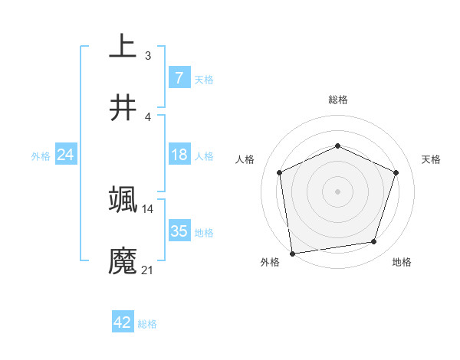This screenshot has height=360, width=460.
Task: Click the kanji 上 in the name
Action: (123, 46)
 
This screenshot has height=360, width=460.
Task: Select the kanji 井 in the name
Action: (123, 108)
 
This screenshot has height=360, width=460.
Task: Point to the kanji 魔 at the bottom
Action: (123, 260)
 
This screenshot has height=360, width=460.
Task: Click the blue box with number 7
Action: (179, 77)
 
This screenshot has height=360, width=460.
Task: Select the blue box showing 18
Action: (179, 155)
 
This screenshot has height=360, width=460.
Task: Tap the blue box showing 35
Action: (179, 231)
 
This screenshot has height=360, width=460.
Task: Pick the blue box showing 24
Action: (65, 155)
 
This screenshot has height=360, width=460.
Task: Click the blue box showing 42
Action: (123, 322)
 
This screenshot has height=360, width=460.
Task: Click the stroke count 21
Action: (147, 270)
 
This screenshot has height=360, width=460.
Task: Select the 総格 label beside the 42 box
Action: (147, 324)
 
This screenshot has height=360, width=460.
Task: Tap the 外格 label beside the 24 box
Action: (41, 156)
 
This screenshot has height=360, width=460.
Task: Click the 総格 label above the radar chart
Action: (337, 100)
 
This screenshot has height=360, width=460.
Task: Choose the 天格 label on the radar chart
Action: (431, 159)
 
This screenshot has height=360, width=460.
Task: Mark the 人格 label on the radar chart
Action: (245, 159)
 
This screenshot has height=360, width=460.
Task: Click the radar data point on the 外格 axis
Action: (292, 253)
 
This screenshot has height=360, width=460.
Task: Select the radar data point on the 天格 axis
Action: (396, 172)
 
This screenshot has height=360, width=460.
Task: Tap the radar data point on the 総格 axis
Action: (337, 146)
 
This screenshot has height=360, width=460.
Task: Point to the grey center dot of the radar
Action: (337, 191)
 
